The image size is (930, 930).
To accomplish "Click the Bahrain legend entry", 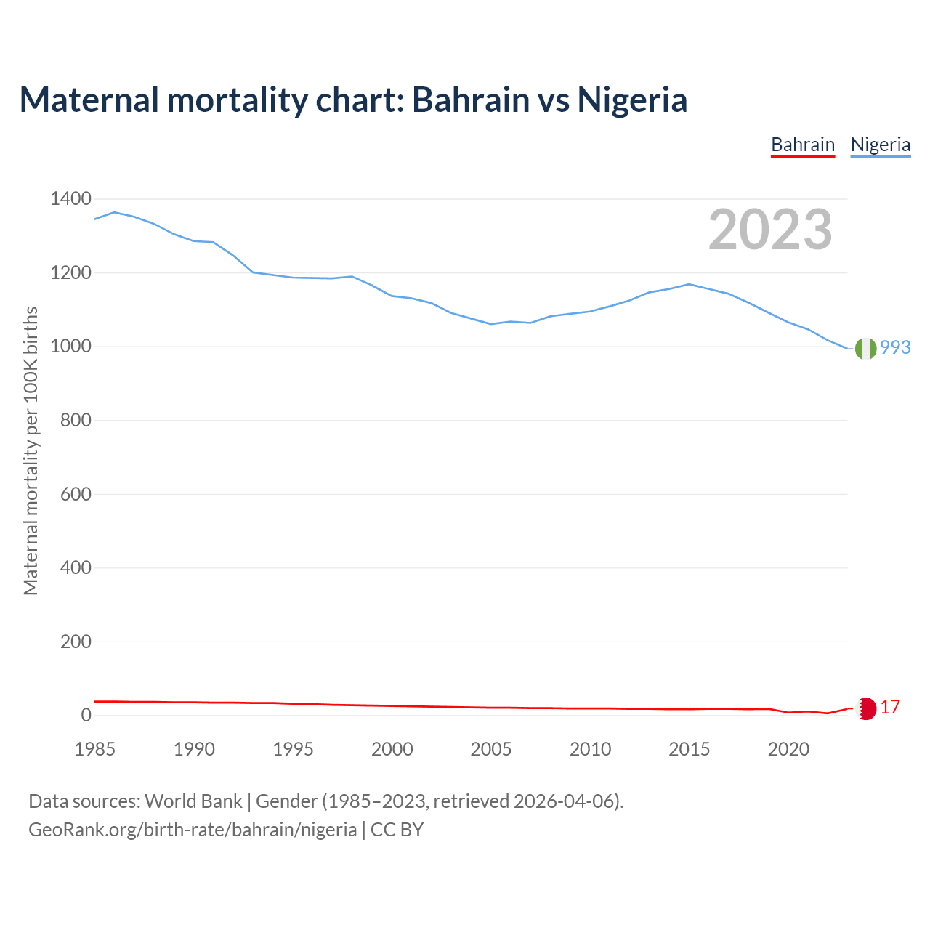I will (x=803, y=145).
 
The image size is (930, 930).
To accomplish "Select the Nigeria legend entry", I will (x=881, y=145).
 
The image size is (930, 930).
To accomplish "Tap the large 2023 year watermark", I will (x=770, y=230).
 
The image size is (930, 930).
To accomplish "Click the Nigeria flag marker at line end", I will (x=865, y=349).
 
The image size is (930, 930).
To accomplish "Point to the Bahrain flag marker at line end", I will (x=866, y=708).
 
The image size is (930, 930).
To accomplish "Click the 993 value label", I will (x=895, y=348).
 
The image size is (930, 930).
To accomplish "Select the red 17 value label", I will (x=890, y=707).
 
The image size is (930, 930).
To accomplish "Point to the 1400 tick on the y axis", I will (x=70, y=198).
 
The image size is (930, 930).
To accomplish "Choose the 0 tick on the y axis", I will (x=86, y=715).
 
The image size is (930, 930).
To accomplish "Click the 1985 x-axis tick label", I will (x=95, y=749).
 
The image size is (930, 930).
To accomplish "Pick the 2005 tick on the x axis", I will (x=491, y=749).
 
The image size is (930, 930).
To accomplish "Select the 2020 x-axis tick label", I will (x=788, y=749).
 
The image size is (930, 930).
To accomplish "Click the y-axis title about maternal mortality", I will (x=31, y=450).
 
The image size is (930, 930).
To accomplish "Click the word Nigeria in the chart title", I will (x=632, y=100).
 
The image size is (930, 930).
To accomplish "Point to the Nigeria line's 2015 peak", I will (x=689, y=284).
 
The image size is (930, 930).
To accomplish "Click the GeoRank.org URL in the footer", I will (x=193, y=830).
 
